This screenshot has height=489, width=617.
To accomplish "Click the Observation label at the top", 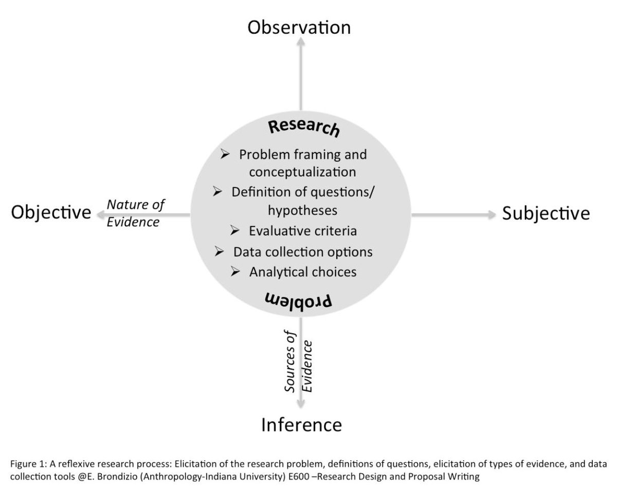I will tap(299, 27).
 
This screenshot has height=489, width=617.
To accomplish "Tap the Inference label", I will tap(301, 425).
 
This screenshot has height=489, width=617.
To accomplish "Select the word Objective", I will tap(51, 212).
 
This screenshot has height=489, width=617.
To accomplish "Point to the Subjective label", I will tap(546, 213).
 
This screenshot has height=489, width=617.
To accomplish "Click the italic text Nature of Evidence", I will tap(136, 213).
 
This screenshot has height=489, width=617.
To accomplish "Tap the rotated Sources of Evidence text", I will tap(299, 365).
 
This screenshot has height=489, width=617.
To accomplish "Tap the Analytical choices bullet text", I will tap(303, 271).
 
